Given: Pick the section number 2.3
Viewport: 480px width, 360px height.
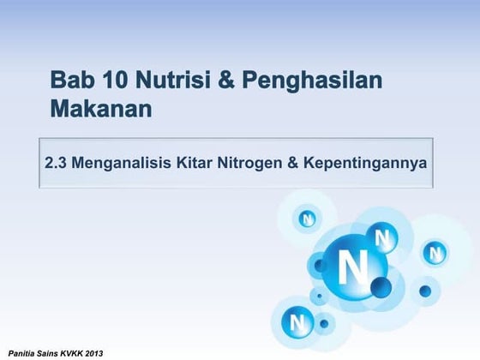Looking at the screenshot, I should pos(57,162).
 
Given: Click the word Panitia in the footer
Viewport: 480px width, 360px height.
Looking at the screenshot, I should pos(23,352).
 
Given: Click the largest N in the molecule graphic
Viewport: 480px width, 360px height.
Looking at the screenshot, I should pos(351,268).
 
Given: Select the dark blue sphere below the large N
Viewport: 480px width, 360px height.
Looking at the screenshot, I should pos(381,285).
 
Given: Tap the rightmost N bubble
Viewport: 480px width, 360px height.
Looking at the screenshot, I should pos(435,254).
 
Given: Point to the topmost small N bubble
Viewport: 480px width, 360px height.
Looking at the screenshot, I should pos(307,219).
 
